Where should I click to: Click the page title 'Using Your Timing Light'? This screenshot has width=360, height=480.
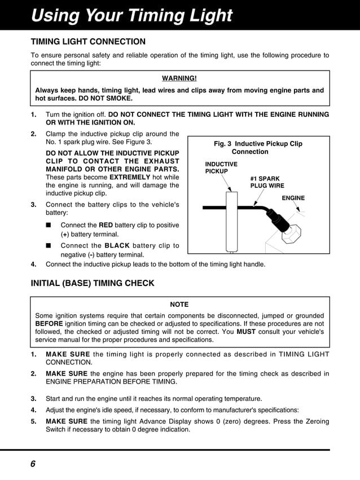(131, 15)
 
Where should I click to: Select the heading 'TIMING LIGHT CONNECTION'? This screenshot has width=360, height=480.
(87, 42)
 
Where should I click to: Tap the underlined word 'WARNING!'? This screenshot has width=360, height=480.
(179, 78)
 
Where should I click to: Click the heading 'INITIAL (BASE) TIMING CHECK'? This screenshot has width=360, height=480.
(92, 283)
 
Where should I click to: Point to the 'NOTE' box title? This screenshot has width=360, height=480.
(179, 305)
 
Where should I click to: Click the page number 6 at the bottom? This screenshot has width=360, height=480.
(33, 464)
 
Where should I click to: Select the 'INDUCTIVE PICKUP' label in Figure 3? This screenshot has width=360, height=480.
(221, 168)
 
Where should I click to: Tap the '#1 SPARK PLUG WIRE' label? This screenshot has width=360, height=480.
(267, 182)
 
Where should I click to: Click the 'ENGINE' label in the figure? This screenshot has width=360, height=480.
(293, 198)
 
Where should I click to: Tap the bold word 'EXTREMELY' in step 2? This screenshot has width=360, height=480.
(131, 177)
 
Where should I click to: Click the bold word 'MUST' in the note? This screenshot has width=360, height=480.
(246, 332)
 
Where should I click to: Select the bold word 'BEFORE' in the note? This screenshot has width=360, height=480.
(51, 324)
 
